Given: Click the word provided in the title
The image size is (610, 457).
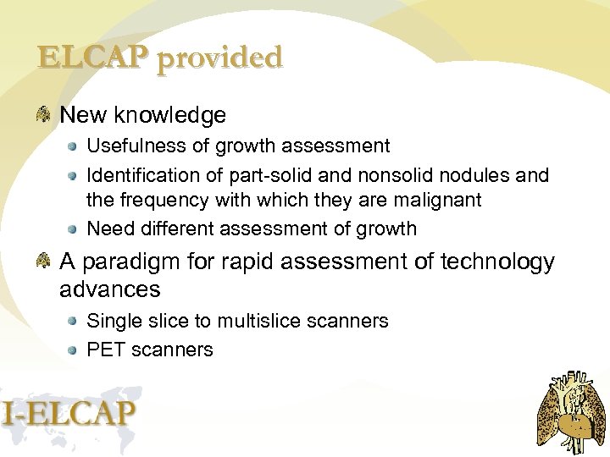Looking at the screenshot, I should pyautogui.click(x=219, y=58).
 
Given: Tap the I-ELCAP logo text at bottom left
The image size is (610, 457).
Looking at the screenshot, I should pyautogui.click(x=69, y=414).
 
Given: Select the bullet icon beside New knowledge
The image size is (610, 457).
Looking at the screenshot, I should pyautogui.click(x=43, y=114).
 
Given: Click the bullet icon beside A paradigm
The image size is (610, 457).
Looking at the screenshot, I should pyautogui.click(x=43, y=262).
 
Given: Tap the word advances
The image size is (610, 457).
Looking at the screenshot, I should pyautogui.click(x=110, y=289).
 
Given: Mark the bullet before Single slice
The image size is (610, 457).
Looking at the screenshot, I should pyautogui.click(x=75, y=322).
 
